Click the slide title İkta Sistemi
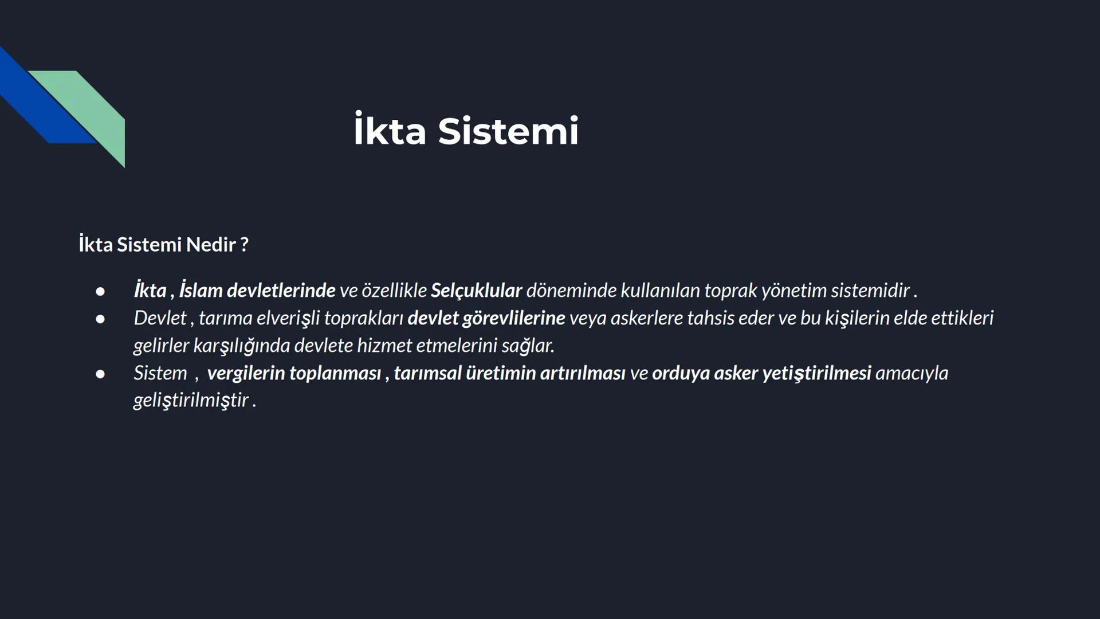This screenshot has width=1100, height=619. [x=466, y=131]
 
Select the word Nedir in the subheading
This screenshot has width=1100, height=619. [x=211, y=245]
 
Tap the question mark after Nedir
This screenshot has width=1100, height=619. [x=245, y=245]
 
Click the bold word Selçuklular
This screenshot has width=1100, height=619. [x=476, y=291]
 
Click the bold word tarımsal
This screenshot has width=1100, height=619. [x=427, y=373]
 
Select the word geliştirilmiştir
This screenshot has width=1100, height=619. [x=191, y=400]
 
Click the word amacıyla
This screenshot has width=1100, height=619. [x=912, y=373]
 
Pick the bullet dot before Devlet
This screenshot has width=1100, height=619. [x=100, y=319]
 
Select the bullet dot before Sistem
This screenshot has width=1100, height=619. [x=100, y=374]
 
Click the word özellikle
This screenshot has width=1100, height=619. [x=394, y=291]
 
